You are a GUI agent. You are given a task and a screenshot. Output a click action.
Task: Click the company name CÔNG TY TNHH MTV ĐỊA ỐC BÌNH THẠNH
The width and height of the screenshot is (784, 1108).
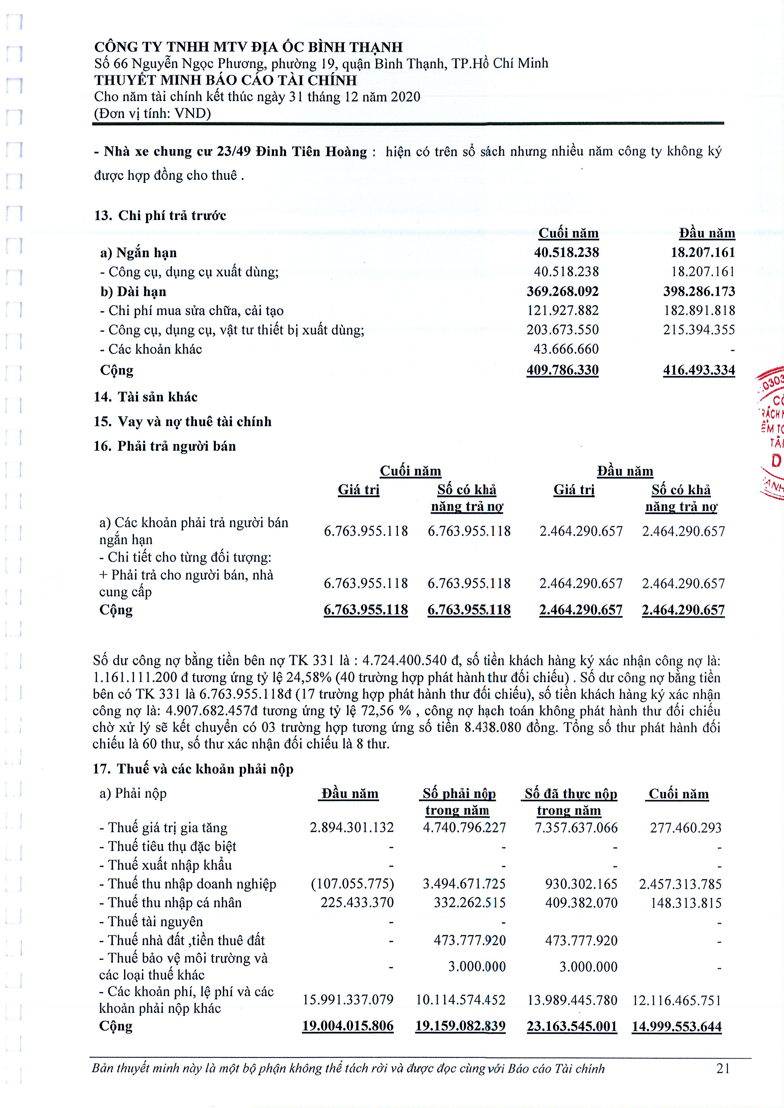tap(248, 47)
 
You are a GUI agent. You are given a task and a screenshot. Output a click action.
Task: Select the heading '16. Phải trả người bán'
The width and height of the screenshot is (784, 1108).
tap(165, 446)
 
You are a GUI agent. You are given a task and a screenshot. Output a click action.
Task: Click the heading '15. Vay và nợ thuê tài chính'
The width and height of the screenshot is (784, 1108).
tap(183, 422)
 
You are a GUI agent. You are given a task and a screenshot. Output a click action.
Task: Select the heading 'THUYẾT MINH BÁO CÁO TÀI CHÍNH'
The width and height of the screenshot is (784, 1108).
tap(225, 80)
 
